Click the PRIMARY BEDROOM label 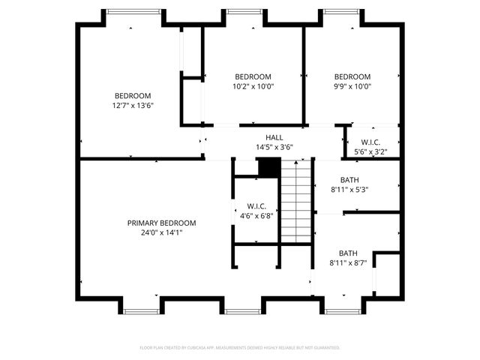(161, 223)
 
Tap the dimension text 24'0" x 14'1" (161, 233)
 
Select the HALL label (274, 137)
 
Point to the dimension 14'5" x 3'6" (274, 147)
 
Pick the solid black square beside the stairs (268, 167)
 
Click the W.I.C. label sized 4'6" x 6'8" (256, 206)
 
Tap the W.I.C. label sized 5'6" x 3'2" (370, 142)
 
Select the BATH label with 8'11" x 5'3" (349, 180)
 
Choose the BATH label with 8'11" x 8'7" (348, 253)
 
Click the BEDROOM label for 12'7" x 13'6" (133, 95)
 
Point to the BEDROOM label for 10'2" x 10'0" (253, 76)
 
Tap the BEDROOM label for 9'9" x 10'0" (352, 76)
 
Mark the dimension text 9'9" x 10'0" (352, 86)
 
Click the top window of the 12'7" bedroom (133, 11)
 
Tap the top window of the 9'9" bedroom (341, 11)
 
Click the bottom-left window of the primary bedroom (140, 310)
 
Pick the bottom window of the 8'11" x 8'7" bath (343, 310)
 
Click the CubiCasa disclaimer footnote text (240, 348)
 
